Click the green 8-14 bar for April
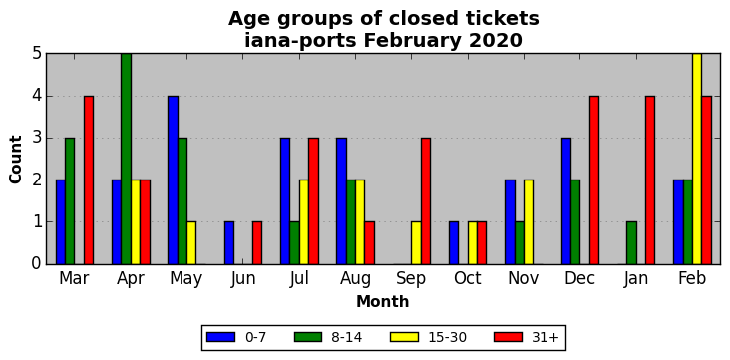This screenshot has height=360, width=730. [126, 159]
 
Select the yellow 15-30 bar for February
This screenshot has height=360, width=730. [697, 159]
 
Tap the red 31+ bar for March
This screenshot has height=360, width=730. [89, 180]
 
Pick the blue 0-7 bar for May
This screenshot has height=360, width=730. [173, 180]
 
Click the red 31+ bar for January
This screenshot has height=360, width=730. [650, 180]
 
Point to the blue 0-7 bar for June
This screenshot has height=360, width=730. [229, 243]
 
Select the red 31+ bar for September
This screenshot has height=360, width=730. [426, 201]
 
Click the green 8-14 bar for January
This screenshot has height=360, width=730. [631, 243]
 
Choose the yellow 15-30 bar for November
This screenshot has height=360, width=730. [529, 222]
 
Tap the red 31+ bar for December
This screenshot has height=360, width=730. [594, 180]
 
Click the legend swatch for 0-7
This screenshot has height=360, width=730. [219, 337]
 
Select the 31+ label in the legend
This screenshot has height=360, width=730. [545, 337]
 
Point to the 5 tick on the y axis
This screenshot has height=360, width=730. [37, 54]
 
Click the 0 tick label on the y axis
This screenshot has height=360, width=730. [37, 264]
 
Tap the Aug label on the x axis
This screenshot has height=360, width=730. [355, 279]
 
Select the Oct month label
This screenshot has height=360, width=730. [468, 278]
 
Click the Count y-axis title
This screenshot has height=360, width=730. [15, 160]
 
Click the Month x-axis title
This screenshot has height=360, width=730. [383, 302]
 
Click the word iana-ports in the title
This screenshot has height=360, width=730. [301, 41]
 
